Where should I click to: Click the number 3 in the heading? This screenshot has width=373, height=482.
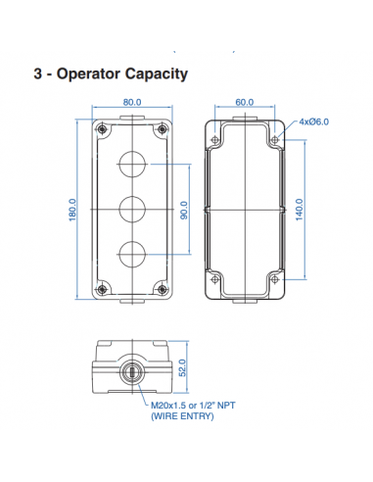click(37, 74)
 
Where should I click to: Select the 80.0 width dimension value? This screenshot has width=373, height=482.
click(134, 102)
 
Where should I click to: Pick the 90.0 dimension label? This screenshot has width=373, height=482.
click(183, 210)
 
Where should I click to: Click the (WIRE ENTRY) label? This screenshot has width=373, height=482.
click(182, 415)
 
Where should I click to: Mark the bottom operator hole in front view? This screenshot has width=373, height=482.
click(133, 254)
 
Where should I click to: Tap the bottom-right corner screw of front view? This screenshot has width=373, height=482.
click(163, 290)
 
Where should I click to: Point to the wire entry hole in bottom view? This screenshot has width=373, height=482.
click(134, 372)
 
